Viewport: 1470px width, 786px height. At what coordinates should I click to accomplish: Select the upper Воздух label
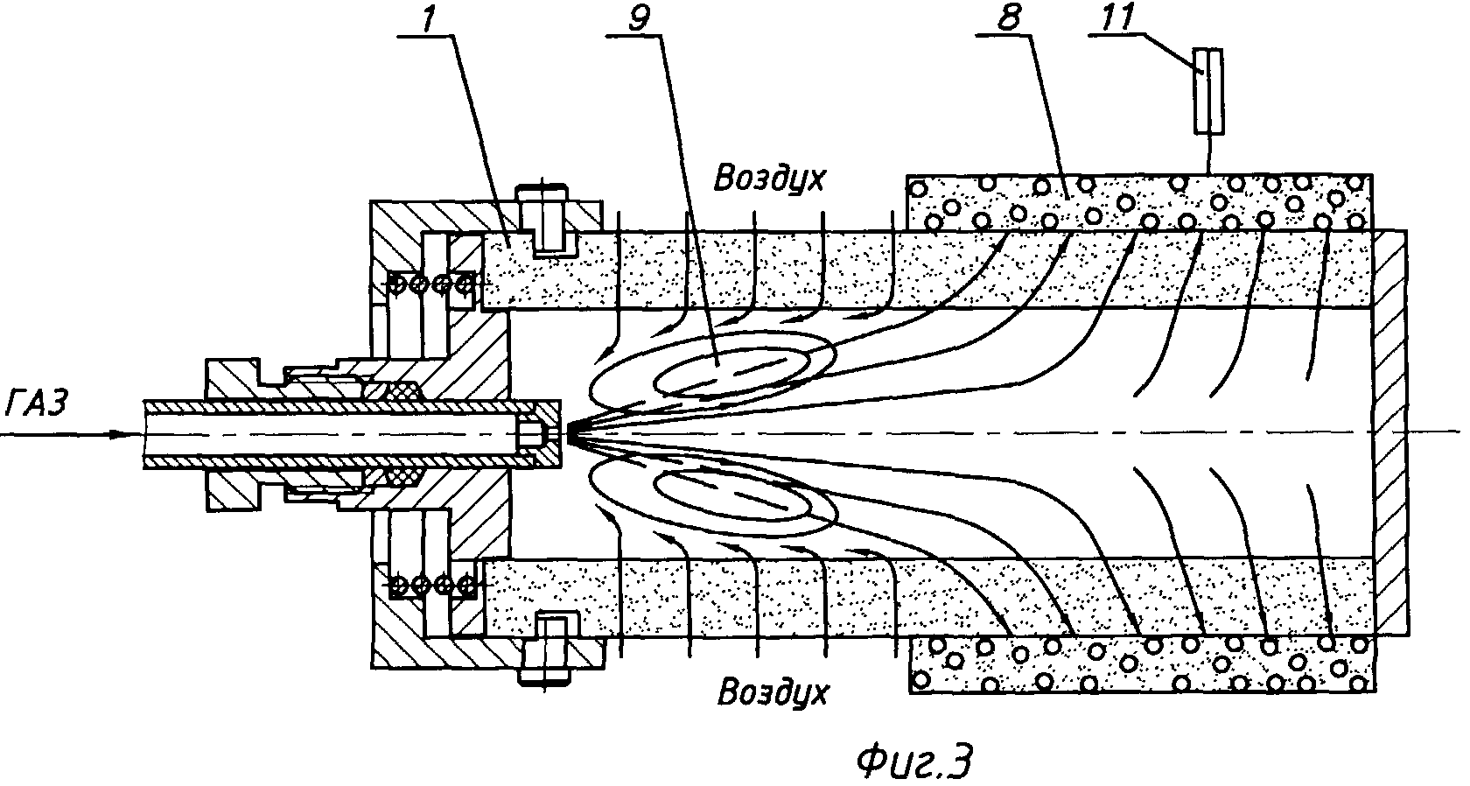click(x=770, y=179)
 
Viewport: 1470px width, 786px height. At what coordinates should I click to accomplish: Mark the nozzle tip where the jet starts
click(x=570, y=432)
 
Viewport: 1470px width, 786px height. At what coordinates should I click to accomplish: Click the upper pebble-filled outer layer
click(x=1137, y=201)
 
